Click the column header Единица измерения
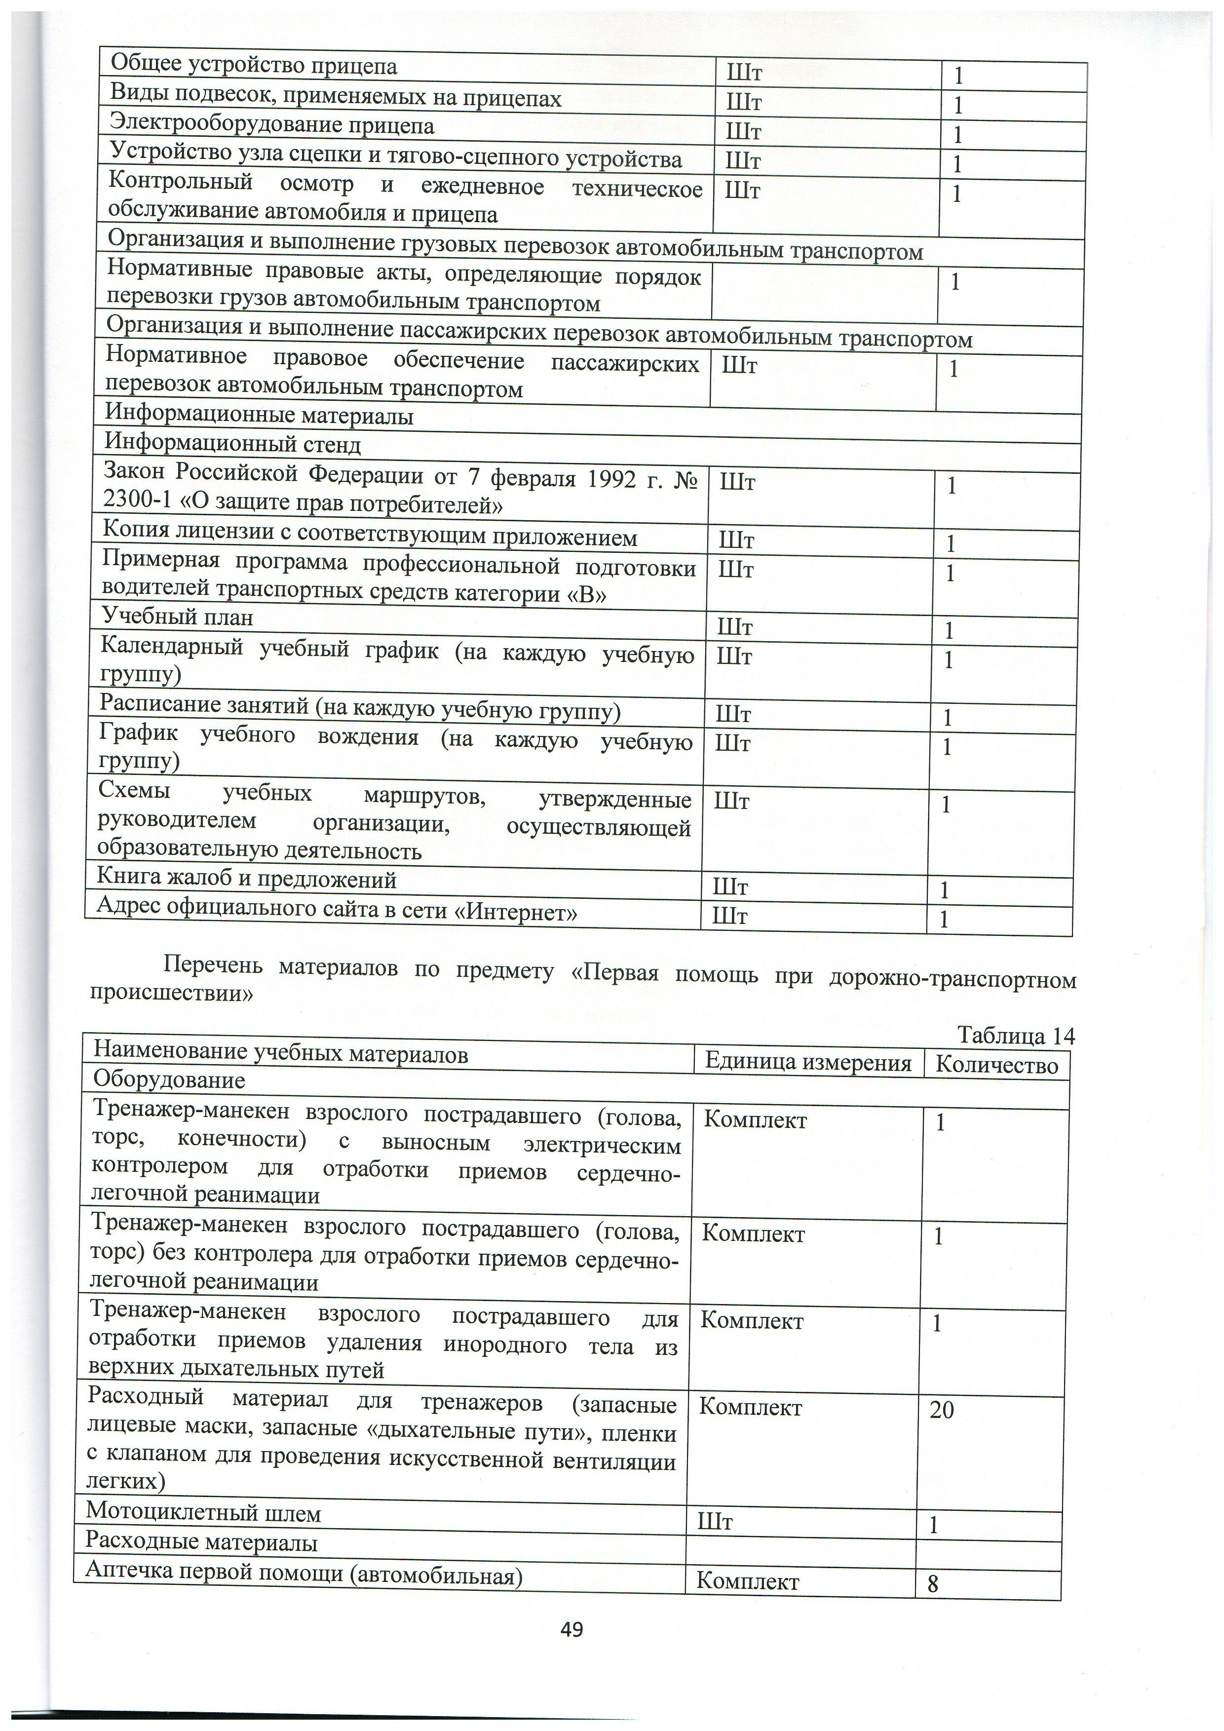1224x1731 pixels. click(x=807, y=1062)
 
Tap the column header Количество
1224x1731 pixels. click(x=996, y=1065)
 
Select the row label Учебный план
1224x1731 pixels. click(x=177, y=617)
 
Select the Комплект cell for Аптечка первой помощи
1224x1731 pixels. click(x=747, y=1580)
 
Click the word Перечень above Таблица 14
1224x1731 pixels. click(x=213, y=966)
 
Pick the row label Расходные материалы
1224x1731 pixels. click(x=201, y=1542)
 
